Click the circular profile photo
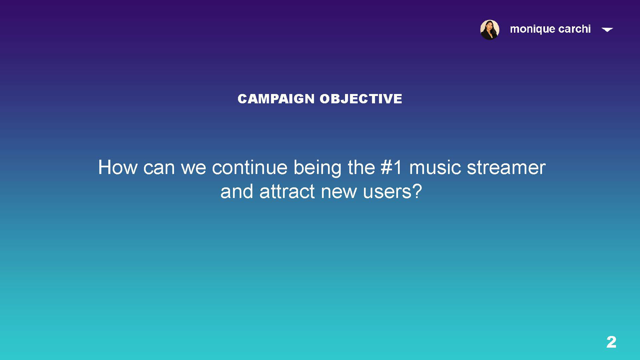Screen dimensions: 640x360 click(x=490, y=30)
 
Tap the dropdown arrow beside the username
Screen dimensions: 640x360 click(x=607, y=30)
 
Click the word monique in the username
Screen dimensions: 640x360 click(x=532, y=29)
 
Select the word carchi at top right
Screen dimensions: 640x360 click(x=574, y=29)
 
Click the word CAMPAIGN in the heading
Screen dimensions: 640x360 click(x=276, y=99)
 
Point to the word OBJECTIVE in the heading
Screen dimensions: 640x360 click(x=361, y=99)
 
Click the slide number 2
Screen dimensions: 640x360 click(x=611, y=342)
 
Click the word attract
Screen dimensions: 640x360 click(x=287, y=192)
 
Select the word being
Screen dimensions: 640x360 click(x=317, y=168)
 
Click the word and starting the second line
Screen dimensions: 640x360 click(x=237, y=192)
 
